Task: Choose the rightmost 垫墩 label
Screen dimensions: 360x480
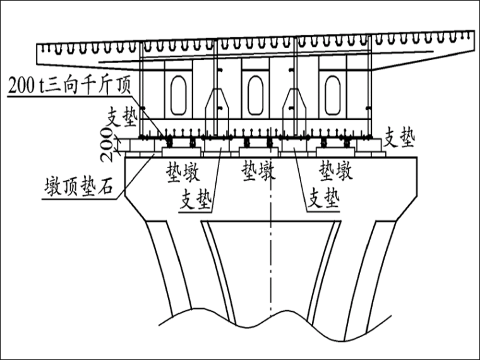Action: [335, 171]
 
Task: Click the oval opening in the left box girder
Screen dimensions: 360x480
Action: [178, 95]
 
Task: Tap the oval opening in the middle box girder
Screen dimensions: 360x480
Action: [255, 95]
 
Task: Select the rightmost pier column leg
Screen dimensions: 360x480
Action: [378, 265]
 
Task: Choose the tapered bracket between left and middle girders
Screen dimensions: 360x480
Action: [216, 107]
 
